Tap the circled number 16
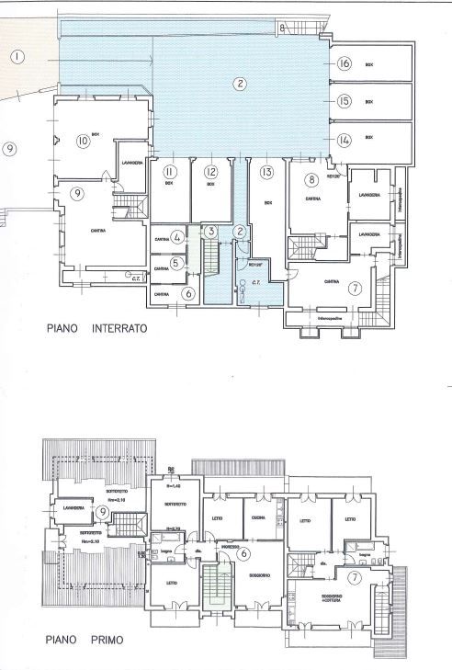(345, 63)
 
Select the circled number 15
(345, 102)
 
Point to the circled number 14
(345, 141)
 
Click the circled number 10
(83, 141)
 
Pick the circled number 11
(169, 172)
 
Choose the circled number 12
(210, 172)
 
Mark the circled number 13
(266, 172)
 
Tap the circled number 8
(312, 179)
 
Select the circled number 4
(176, 236)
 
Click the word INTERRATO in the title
(116, 327)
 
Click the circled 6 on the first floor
(243, 553)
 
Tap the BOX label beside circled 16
(368, 64)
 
